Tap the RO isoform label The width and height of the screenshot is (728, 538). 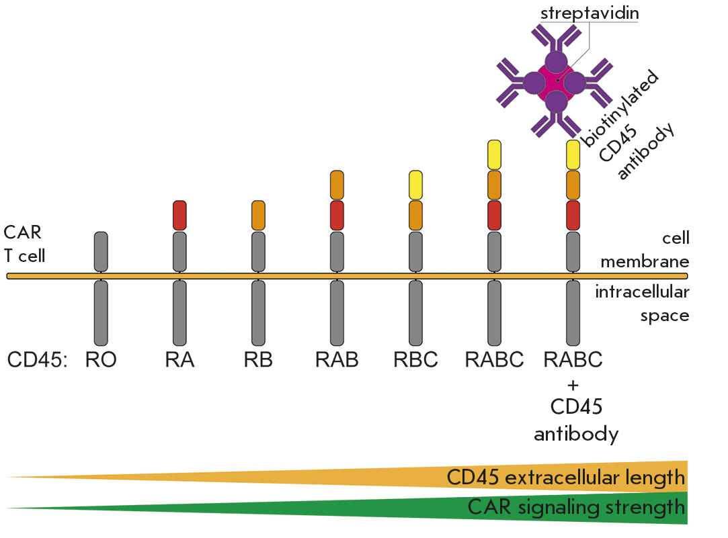pos(102,360)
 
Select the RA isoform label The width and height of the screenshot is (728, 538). pos(179,360)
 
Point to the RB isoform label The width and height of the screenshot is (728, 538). pos(258,360)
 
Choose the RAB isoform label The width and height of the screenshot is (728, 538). pos(337,360)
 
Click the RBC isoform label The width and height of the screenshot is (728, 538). pos(415,360)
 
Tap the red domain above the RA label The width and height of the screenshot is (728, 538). pos(179,215)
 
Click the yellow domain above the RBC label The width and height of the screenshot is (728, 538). pos(415,185)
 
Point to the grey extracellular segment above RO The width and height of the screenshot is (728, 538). pos(102,250)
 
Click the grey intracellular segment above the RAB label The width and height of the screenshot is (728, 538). pos(337,312)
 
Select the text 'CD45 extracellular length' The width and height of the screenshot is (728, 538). pos(566,478)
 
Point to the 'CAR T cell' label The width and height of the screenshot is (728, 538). pos(24,244)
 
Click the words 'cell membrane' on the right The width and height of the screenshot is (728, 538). pos(644,249)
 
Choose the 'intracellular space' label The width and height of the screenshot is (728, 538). pos(643,303)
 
